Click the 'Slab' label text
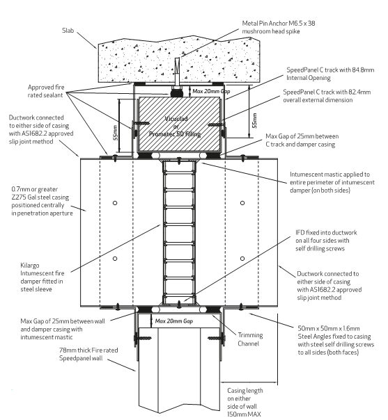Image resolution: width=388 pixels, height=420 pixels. tap(68, 31)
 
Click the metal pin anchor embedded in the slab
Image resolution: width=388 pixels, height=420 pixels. tap(177, 72)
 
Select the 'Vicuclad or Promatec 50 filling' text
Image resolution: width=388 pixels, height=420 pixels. tap(176, 126)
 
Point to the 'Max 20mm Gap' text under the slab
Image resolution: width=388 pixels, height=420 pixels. tap(211, 91)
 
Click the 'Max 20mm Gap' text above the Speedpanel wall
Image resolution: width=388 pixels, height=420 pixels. tap(174, 321)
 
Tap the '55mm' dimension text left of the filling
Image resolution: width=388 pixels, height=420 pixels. tap(116, 133)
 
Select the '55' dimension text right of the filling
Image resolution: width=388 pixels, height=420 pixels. tap(255, 121)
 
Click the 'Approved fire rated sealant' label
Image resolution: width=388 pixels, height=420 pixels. tap(46, 91)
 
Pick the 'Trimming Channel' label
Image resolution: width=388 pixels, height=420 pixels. tap(250, 339)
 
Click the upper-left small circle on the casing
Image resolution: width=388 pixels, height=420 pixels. tap(115, 203)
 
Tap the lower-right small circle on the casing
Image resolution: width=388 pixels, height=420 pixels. tap(242, 259)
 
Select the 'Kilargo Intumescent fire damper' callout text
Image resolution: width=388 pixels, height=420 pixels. tap(42, 277)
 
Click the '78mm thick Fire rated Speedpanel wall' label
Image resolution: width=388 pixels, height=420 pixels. tap(88, 354)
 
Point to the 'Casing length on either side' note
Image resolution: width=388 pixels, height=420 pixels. tap(245, 403)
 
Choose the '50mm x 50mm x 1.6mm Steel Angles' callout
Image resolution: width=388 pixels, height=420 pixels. tap(336, 341)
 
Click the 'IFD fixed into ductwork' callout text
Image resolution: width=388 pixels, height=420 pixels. tap(326, 241)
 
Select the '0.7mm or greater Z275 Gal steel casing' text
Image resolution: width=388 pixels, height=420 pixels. tap(42, 201)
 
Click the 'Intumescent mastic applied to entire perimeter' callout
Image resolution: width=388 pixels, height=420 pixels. tap(332, 182)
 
